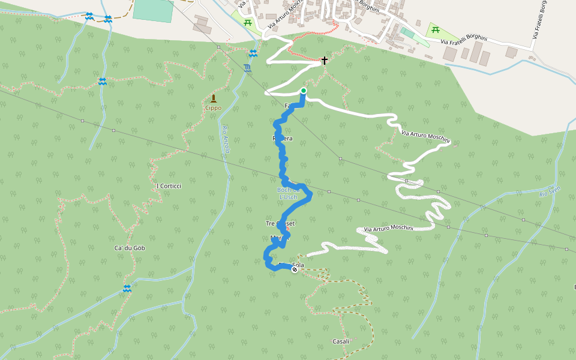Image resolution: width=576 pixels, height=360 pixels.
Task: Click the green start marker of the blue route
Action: (304, 91)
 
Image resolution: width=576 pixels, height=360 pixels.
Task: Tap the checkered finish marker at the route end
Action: (295, 269)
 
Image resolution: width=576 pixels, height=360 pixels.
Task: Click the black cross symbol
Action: (325, 61)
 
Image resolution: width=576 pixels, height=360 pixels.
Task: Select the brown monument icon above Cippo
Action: (213, 98)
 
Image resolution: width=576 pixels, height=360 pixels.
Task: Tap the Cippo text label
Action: (213, 108)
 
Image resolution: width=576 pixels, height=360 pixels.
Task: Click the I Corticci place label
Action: (168, 186)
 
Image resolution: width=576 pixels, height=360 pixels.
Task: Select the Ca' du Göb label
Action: (130, 248)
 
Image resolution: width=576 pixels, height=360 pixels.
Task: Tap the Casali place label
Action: (341, 341)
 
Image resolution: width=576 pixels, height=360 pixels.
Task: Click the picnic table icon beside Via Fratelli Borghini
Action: (436, 30)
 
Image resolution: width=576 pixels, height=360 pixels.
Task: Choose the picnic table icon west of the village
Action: (247, 22)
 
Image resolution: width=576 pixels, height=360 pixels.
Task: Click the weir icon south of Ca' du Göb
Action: (127, 289)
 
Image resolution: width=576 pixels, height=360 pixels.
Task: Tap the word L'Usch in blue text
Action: (289, 197)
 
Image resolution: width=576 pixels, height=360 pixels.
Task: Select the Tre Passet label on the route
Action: (280, 224)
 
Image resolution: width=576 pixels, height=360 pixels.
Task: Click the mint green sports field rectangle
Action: (153, 10)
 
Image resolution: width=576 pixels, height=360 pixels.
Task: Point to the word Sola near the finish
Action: (298, 265)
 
